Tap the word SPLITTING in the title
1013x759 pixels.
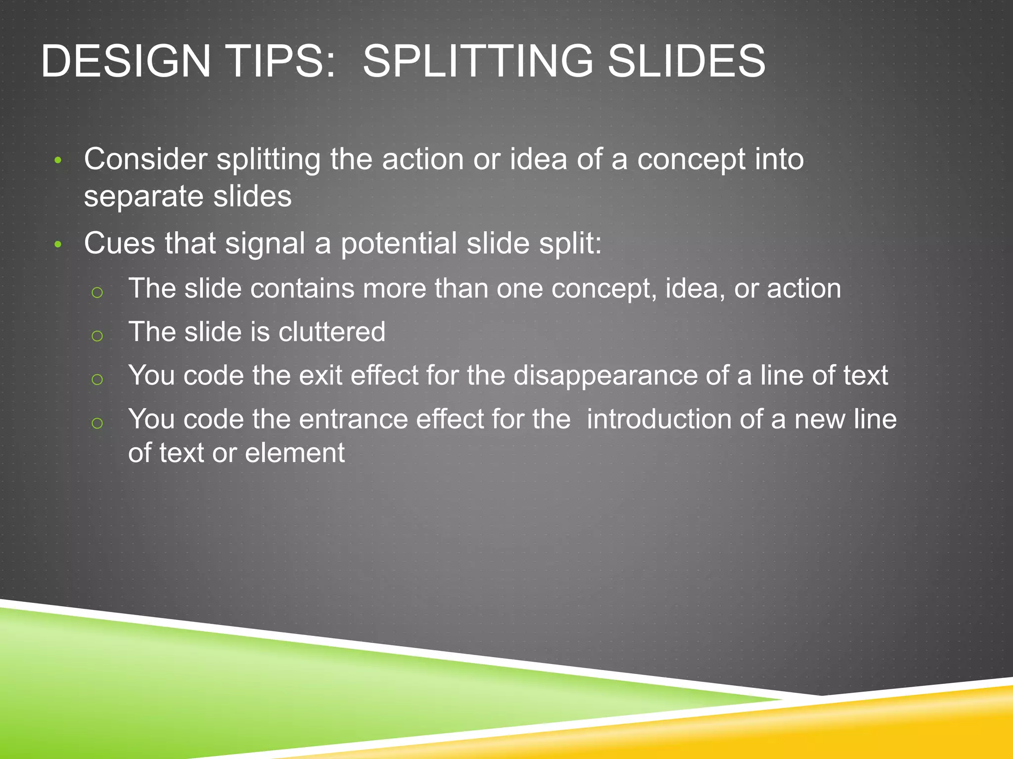[478, 61]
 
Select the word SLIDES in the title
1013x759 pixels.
[687, 61]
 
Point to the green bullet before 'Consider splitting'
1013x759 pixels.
[58, 160]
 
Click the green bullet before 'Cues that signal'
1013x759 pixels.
[58, 245]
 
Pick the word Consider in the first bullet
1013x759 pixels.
[146, 159]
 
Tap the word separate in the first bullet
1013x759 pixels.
[144, 197]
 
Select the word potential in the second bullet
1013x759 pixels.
[399, 244]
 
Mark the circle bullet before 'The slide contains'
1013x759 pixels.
[97, 293]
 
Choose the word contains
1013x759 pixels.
[302, 289]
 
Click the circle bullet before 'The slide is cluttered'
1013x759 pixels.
[97, 336]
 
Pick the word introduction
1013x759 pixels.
[658, 420]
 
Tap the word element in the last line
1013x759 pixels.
[295, 453]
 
